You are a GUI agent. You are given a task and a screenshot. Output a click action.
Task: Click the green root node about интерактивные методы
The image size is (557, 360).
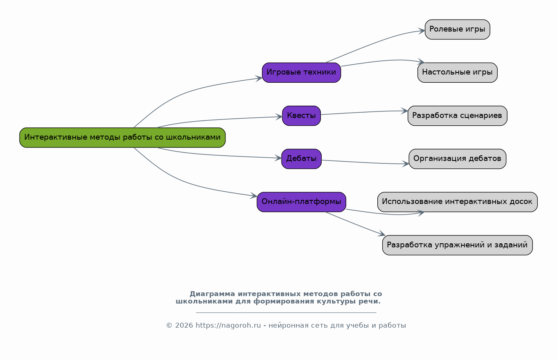(x=122, y=138)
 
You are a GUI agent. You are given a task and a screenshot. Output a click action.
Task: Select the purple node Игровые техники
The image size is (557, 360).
(x=301, y=72)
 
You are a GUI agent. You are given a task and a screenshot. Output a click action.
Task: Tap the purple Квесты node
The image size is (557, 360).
(x=301, y=115)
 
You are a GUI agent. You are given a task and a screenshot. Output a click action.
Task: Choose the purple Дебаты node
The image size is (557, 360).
(x=301, y=158)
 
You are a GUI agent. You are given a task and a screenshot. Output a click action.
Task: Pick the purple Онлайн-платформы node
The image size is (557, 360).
(x=301, y=202)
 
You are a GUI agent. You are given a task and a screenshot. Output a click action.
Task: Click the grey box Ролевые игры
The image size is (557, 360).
(x=457, y=29)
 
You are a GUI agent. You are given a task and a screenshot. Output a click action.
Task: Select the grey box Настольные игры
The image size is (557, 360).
(x=457, y=72)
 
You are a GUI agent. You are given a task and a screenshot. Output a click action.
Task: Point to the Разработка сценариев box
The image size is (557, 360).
(x=457, y=115)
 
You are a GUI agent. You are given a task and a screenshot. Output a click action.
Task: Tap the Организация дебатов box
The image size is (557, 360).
(x=457, y=158)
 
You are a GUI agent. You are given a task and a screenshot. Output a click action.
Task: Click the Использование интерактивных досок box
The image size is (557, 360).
(x=457, y=202)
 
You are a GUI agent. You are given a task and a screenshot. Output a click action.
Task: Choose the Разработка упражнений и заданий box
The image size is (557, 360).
(x=457, y=245)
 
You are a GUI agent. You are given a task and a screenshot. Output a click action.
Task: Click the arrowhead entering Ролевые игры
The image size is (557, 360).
(x=422, y=30)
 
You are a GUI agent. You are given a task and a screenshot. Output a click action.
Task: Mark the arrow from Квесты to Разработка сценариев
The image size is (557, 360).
(x=364, y=112)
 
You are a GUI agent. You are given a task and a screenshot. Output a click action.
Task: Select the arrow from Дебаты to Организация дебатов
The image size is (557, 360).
(x=364, y=163)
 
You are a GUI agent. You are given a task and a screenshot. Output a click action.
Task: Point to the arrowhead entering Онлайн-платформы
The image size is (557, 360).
(x=254, y=196)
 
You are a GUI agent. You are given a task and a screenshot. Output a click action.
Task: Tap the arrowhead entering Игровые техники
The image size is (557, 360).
(x=259, y=78)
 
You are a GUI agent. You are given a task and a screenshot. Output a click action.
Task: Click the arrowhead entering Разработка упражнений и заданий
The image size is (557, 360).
(x=382, y=234)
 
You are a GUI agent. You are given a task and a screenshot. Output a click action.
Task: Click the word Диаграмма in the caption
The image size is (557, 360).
(x=212, y=294)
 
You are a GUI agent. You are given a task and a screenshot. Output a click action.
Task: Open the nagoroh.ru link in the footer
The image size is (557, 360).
(x=228, y=326)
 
